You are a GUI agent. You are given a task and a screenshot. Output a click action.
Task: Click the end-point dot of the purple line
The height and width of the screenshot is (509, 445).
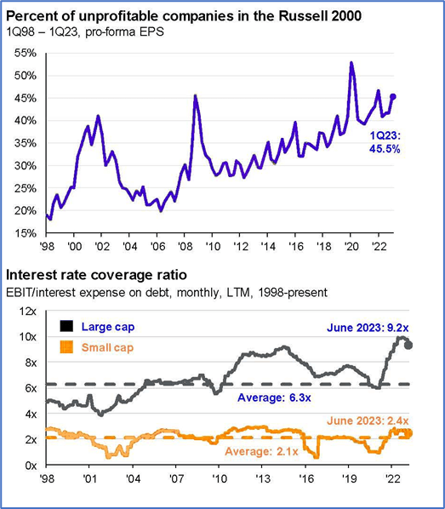[394, 96]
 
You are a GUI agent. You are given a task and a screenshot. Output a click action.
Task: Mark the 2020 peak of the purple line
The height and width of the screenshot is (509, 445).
[351, 63]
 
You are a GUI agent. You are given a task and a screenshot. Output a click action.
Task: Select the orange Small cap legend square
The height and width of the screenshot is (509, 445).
[66, 346]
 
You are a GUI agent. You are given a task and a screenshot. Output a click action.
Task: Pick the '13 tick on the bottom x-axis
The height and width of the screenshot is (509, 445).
[263, 479]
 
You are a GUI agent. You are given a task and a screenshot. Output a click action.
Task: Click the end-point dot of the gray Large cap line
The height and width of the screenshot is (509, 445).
[408, 345]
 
